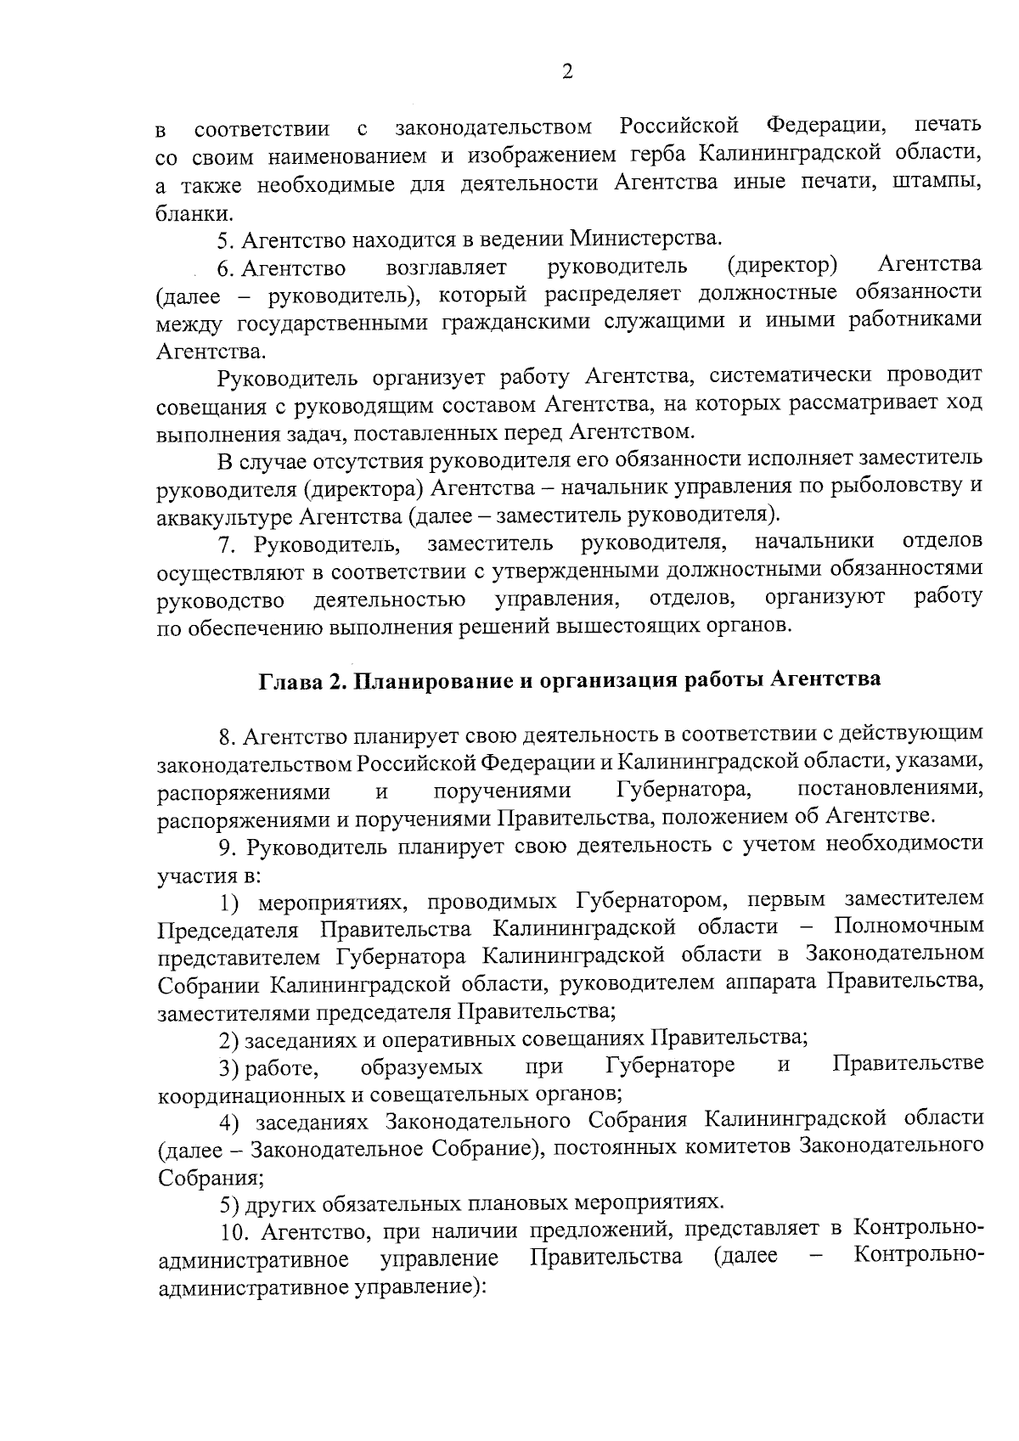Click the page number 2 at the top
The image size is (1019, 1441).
[x=567, y=72]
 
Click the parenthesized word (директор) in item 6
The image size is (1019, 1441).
[x=783, y=266]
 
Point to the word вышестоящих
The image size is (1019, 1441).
[x=623, y=627]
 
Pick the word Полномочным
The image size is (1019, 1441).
[x=909, y=926]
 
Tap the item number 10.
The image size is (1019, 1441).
[x=229, y=1230]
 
